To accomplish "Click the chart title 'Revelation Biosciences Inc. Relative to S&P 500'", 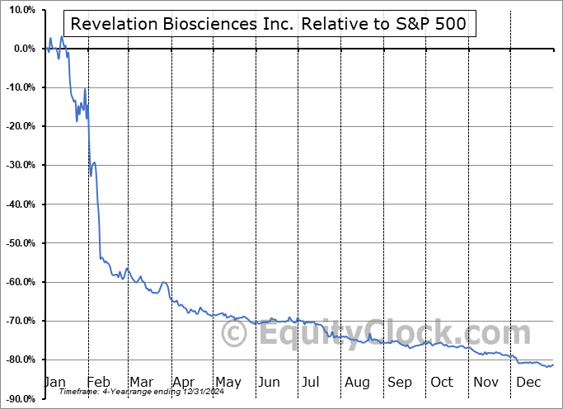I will coord(269,24).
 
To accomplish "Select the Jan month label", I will coord(54,382).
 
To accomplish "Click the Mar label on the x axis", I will coord(141,382).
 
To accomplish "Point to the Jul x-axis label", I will coord(312,382).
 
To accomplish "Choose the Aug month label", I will coord(357,382).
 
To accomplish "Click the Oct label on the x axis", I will coord(442,382).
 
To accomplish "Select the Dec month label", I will coord(528,382).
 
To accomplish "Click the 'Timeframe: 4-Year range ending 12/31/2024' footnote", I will coord(133,393).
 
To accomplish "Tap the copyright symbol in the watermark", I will coord(235,335).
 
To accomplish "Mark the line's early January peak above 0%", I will coord(51,38).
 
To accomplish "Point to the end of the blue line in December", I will coord(552,364).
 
